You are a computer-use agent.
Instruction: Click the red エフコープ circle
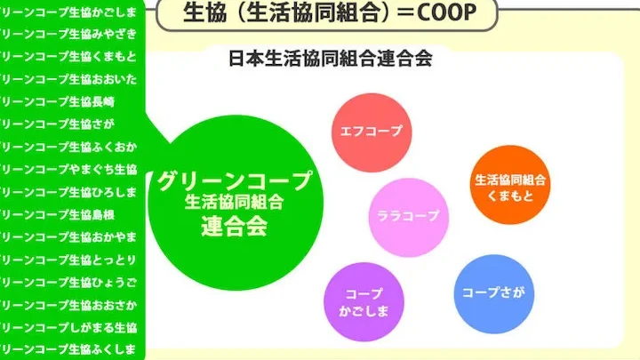(x=372, y=132)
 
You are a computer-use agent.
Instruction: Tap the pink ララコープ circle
(x=409, y=217)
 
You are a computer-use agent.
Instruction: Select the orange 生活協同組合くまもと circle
(x=510, y=185)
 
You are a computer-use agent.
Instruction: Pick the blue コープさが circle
(x=494, y=294)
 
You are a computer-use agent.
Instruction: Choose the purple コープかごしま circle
(x=364, y=301)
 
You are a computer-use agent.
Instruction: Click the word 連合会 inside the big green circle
(x=235, y=227)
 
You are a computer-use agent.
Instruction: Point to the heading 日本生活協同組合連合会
(x=330, y=59)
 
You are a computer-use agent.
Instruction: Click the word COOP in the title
(x=446, y=12)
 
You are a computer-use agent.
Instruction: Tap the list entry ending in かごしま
(x=68, y=12)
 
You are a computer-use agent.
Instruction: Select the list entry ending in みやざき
(x=68, y=34)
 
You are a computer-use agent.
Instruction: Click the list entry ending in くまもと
(x=68, y=56)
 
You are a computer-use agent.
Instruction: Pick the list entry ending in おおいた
(x=68, y=79)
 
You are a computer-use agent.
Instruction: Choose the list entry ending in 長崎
(x=57, y=101)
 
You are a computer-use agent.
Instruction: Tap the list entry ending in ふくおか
(x=68, y=147)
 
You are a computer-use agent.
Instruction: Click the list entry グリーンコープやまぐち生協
(x=68, y=169)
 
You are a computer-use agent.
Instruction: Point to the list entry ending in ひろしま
(x=68, y=192)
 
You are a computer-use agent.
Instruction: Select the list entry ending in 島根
(x=57, y=214)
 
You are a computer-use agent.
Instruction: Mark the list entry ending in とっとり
(x=68, y=260)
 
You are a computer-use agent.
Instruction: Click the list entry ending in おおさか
(x=68, y=305)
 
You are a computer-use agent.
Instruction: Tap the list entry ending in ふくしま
(x=68, y=349)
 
